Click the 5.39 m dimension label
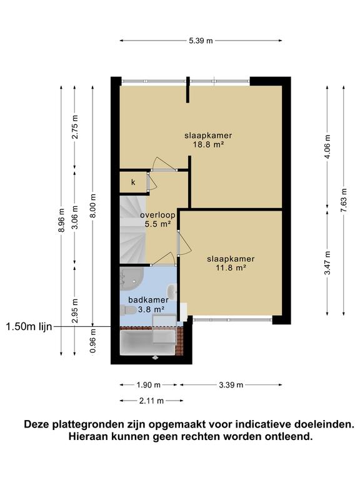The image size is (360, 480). click(x=201, y=41)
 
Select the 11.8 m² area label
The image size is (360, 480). click(x=231, y=268)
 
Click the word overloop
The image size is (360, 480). click(x=157, y=215)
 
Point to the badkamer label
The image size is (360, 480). click(x=148, y=300)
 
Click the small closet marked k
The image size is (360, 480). click(x=133, y=182)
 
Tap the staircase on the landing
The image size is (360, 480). click(x=132, y=229)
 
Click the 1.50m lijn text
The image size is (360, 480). click(x=29, y=327)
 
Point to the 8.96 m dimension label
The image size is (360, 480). click(x=61, y=220)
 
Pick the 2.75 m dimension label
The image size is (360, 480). click(x=75, y=127)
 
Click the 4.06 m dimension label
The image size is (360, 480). click(x=328, y=147)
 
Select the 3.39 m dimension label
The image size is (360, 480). click(x=231, y=385)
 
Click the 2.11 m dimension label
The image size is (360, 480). click(x=151, y=401)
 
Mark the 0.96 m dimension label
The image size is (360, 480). click(x=93, y=341)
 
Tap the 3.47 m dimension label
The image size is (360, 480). click(x=328, y=262)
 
